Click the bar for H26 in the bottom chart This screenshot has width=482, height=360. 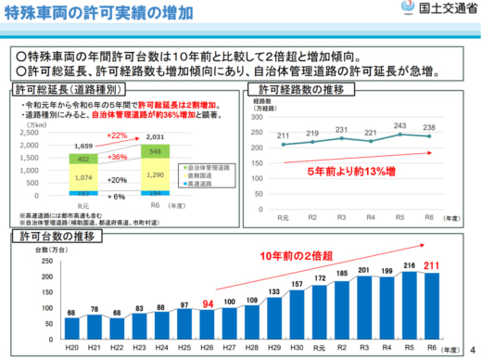point(209,325)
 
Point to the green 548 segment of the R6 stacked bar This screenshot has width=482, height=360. point(156,151)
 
